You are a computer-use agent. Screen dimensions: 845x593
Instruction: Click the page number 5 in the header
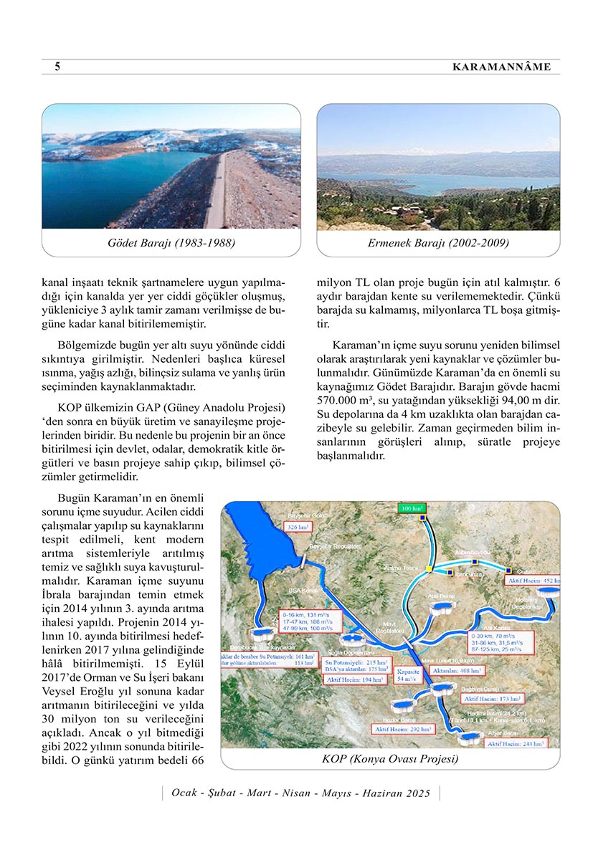tap(57, 67)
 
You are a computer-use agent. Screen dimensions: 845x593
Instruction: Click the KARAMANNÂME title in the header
tap(501, 67)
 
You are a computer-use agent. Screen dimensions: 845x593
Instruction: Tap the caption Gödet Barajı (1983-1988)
tap(171, 243)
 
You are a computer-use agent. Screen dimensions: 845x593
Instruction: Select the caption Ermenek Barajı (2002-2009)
tap(438, 243)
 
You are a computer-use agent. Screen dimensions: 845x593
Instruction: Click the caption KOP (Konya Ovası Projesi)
tap(390, 758)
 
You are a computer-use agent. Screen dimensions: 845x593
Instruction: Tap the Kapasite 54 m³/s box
tap(409, 674)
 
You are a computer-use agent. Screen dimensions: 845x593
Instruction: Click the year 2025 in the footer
tap(417, 793)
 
